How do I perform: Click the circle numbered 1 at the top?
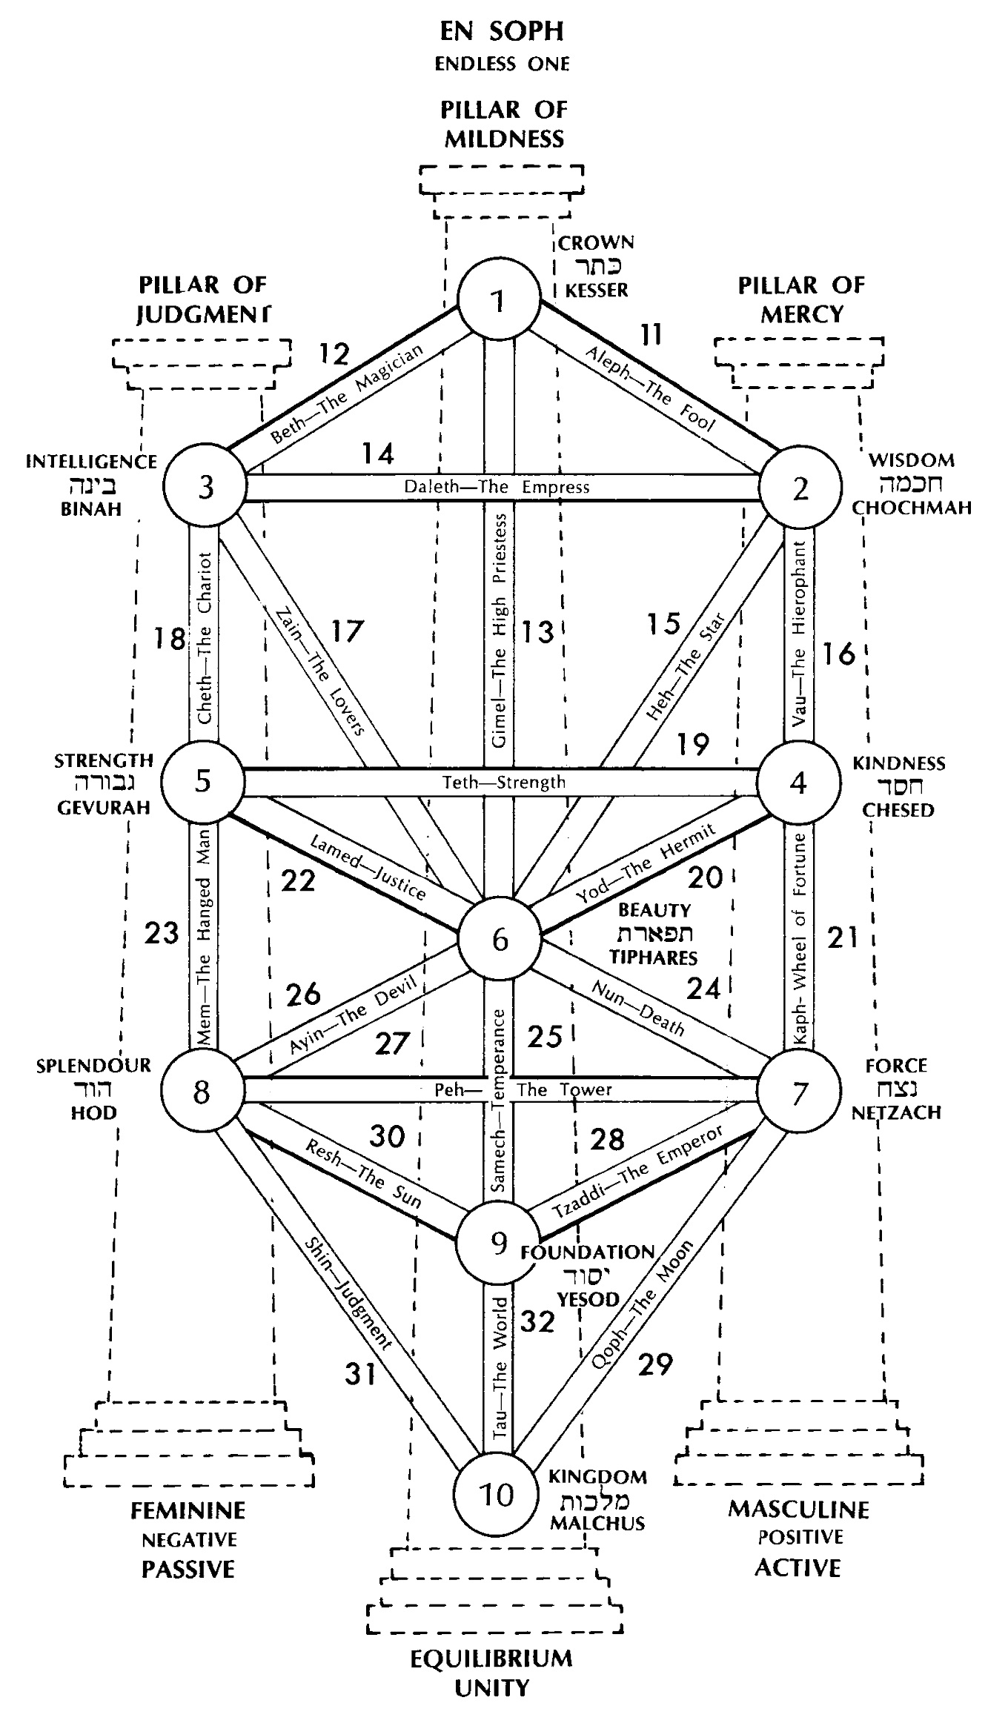coord(499,299)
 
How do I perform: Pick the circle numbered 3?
coord(206,487)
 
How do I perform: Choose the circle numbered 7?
coord(798,1092)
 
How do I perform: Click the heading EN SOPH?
coord(502,31)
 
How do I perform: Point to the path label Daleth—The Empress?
coord(497,487)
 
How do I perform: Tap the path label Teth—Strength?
coord(504,782)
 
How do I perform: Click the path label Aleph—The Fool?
coord(651,390)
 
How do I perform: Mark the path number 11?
coord(650,335)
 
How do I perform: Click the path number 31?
coord(361,1373)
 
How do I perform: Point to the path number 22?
coord(298,880)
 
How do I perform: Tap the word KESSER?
coord(597,290)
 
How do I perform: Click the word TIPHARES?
coord(654,957)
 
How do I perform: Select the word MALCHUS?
coord(597,1524)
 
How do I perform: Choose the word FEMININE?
coord(188,1510)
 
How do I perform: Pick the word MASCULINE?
coord(798,1509)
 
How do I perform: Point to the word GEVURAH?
coord(104,807)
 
